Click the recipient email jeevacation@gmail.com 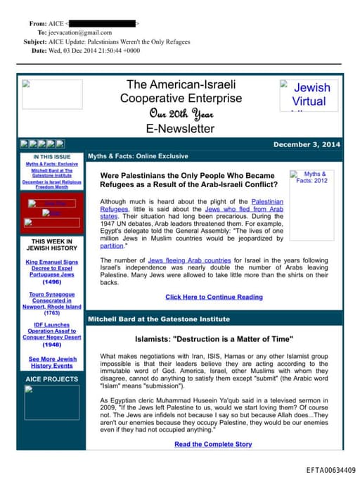point(79,32)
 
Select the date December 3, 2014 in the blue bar point(306,144)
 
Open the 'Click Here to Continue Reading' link point(214,297)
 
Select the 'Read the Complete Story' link point(213,444)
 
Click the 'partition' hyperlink point(112,246)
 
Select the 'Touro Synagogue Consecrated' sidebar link point(51,300)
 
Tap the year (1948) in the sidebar point(51,345)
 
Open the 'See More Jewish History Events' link point(51,362)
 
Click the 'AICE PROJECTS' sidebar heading point(51,379)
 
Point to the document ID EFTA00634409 point(331,469)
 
